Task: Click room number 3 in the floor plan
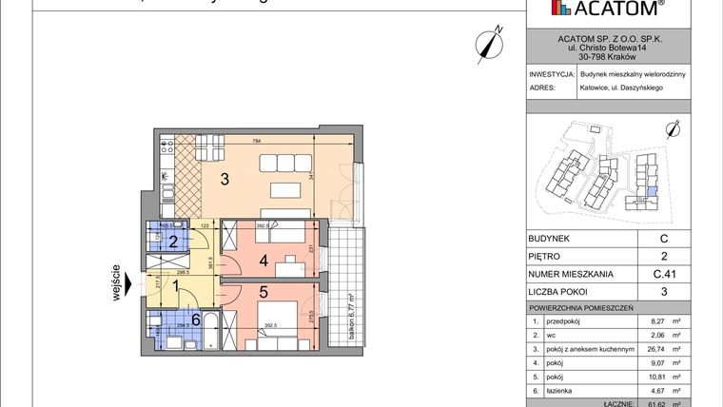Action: (225, 179)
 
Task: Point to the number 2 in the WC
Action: (173, 242)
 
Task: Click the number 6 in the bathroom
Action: (196, 320)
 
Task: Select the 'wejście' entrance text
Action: (116, 281)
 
